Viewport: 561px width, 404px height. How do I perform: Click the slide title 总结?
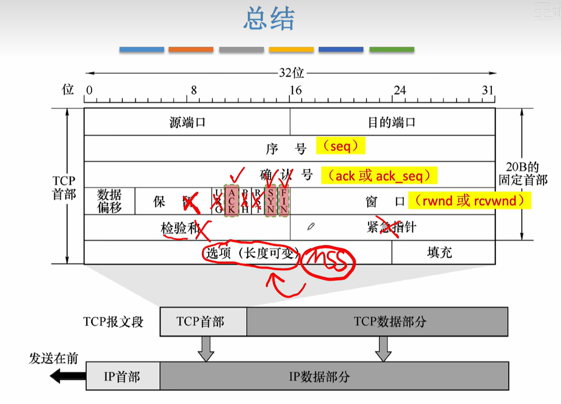[x=269, y=19]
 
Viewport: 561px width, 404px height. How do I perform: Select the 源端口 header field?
[x=187, y=122]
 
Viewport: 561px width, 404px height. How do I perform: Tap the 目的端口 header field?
[x=392, y=122]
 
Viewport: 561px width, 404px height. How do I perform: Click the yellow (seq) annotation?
[x=340, y=146]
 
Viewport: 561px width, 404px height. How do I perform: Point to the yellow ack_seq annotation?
[x=379, y=176]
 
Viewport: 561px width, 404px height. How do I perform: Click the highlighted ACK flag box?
[x=232, y=201]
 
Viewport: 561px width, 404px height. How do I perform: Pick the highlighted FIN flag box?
[x=284, y=201]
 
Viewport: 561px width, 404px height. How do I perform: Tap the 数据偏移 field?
[x=110, y=201]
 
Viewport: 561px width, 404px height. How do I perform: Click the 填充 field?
[x=439, y=253]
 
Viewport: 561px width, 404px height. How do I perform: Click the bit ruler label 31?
[x=488, y=90]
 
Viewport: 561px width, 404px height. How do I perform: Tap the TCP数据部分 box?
[x=377, y=322]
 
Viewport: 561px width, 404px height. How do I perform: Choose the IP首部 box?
[x=122, y=377]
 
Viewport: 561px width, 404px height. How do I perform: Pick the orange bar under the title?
[x=191, y=49]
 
